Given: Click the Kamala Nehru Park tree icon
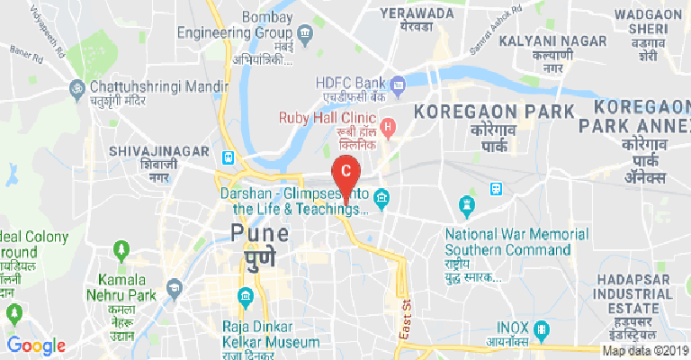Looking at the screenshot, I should tap(121, 248).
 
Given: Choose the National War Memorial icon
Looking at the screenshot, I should tap(466, 207).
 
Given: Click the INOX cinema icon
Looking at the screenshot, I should tap(542, 327).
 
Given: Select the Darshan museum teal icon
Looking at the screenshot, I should tap(381, 196).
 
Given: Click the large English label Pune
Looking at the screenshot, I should tap(260, 233).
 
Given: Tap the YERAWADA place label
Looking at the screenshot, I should tap(417, 13).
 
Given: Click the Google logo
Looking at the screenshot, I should tap(37, 346).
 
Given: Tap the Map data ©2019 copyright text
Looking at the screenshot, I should tap(644, 351).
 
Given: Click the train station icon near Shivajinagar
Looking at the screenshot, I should tap(229, 157).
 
